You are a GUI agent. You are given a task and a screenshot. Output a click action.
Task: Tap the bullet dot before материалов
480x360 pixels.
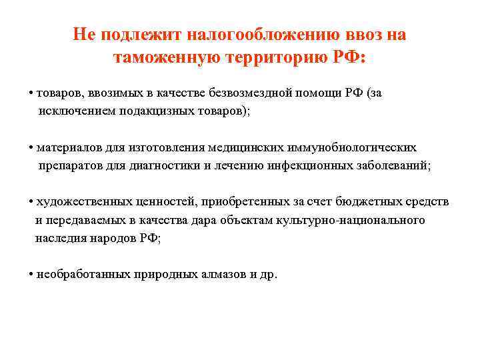[x=32, y=147]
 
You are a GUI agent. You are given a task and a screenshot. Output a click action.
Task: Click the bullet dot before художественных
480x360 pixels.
[x=32, y=202]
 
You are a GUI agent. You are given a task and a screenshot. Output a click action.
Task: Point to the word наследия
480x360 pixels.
[x=61, y=238]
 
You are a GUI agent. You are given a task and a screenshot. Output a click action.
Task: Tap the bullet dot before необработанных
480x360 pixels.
[x=32, y=275]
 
